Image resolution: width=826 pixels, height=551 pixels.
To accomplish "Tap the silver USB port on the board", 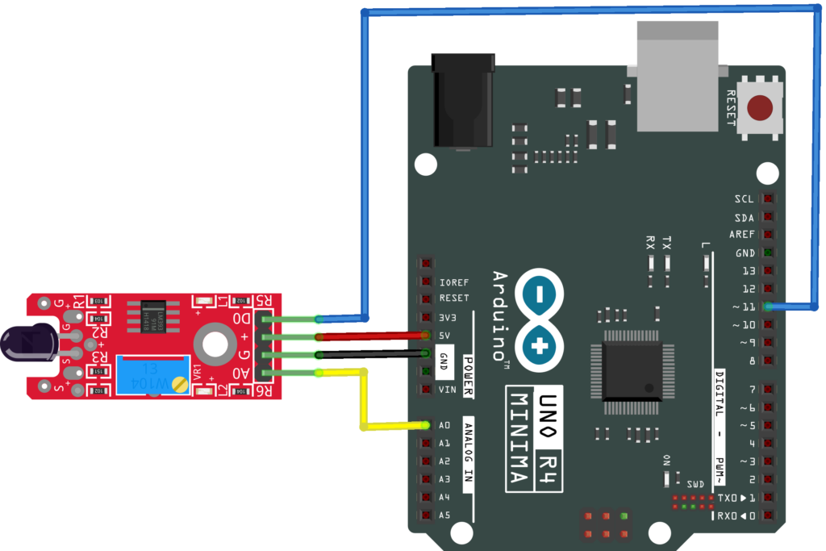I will coord(677,77).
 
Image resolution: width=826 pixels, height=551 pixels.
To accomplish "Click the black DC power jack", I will coord(461,100).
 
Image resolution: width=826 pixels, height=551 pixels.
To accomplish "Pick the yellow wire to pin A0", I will coord(364,399).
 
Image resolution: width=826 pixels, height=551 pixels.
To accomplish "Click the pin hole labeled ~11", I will coord(767,307).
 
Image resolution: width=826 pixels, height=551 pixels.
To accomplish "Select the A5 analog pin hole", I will coord(425,515).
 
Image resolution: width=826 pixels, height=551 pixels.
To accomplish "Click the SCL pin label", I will coord(744,199).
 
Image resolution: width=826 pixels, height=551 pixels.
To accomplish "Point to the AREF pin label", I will coord(741,235).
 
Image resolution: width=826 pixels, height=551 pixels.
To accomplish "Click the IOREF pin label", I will coord(454,282).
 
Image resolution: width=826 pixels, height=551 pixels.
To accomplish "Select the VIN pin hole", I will coord(425,389).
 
